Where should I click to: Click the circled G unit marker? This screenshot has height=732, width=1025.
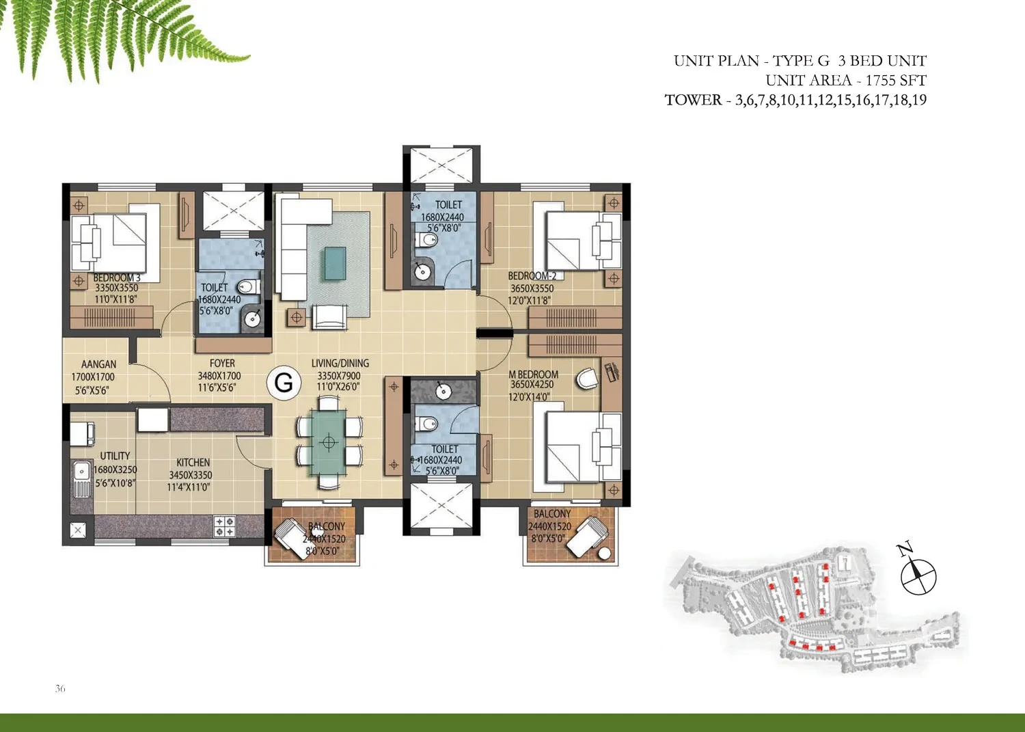tap(284, 383)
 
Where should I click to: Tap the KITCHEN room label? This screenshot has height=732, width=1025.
tap(193, 462)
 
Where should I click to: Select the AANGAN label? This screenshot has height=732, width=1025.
tap(99, 364)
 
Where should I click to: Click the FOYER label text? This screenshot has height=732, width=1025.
tap(222, 364)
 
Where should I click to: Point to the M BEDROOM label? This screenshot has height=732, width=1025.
tap(534, 375)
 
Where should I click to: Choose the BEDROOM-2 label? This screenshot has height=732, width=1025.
tap(532, 275)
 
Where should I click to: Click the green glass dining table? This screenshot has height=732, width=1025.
tap(329, 442)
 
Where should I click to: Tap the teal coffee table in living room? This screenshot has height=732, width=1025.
tap(336, 263)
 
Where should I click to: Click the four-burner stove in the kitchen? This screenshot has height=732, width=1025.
tap(225, 526)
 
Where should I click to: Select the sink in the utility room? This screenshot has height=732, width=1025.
tap(82, 478)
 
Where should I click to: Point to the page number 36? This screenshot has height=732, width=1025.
tap(60, 688)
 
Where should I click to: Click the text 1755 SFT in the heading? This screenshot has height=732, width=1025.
tap(896, 81)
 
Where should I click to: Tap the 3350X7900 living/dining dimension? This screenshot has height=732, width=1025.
tap(339, 376)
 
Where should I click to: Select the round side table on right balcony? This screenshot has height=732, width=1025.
tap(605, 554)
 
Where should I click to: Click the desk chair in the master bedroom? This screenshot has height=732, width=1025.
tap(586, 379)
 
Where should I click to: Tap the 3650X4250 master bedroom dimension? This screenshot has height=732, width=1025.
tap(532, 385)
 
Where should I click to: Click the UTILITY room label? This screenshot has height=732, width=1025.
tap(115, 456)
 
